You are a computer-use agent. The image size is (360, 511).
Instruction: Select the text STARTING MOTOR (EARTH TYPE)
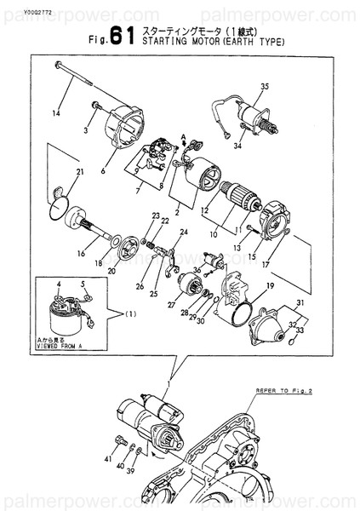tap(212, 41)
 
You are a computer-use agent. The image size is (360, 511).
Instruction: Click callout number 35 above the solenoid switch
tap(264, 88)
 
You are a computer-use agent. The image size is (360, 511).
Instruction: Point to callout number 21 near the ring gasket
tap(79, 174)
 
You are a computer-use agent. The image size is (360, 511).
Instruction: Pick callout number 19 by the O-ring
tap(269, 286)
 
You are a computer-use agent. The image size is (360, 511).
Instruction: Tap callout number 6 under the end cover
tap(103, 170)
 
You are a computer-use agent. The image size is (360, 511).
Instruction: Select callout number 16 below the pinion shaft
tap(81, 253)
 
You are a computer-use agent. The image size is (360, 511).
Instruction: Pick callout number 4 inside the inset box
tap(59, 283)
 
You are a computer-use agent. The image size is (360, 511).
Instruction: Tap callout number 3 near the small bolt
tap(86, 130)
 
